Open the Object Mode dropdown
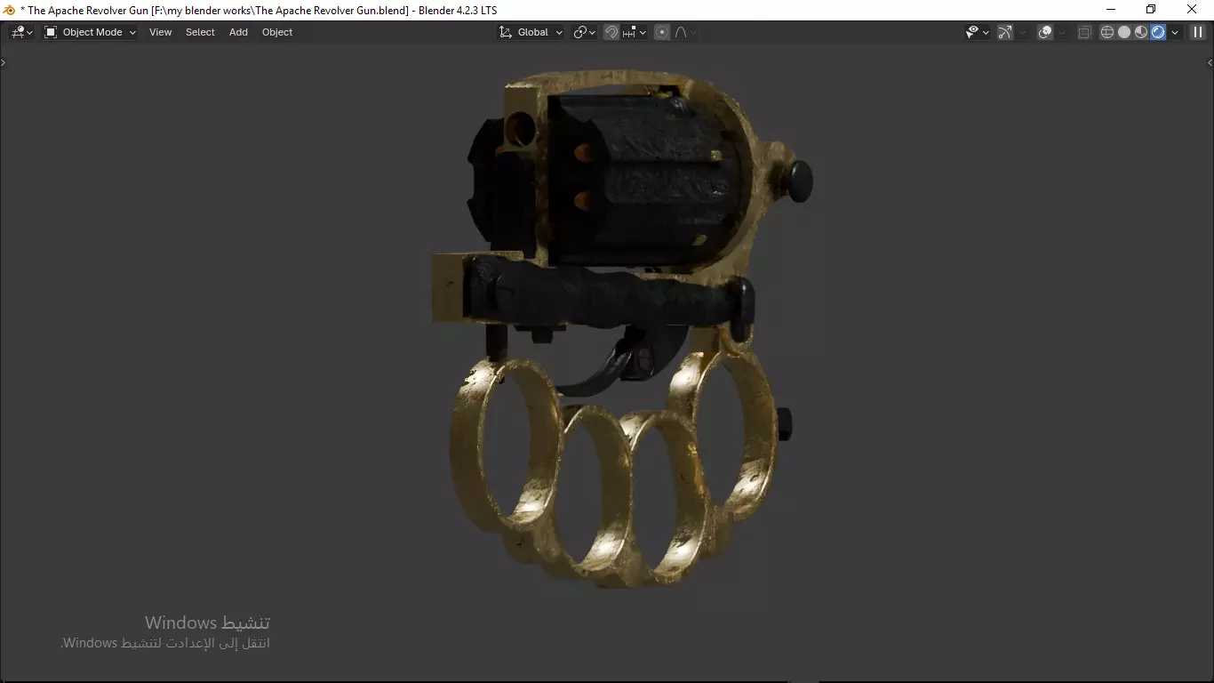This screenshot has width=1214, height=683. [91, 32]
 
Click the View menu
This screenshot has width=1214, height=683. [160, 32]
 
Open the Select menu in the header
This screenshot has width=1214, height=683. [200, 32]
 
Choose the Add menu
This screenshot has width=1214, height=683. [238, 32]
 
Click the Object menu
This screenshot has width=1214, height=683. [277, 32]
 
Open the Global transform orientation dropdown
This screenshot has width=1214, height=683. [531, 32]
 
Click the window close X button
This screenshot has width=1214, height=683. [1192, 10]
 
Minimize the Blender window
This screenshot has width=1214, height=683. [1111, 10]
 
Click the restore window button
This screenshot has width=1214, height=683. [1151, 10]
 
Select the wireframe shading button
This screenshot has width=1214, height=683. [1107, 32]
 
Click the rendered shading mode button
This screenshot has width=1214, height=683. [1158, 32]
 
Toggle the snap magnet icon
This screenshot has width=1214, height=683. [611, 32]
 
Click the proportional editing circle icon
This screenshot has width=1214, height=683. [662, 32]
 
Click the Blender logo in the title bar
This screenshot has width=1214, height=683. [10, 10]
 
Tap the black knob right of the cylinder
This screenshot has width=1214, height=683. [799, 181]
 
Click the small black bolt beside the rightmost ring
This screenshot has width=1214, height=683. [784, 423]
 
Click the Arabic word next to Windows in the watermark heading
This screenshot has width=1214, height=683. [245, 623]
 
